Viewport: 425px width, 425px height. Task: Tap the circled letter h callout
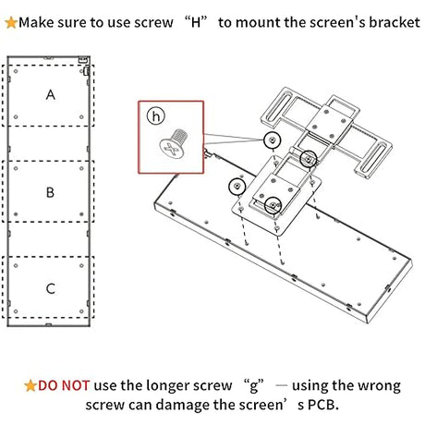pos(157,117)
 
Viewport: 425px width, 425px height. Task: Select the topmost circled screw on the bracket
pos(273,140)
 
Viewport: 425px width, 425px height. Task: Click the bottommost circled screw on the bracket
pos(273,205)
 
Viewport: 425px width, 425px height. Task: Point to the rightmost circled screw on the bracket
pos(308,158)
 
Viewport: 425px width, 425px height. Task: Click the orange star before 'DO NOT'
pos(30,385)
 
